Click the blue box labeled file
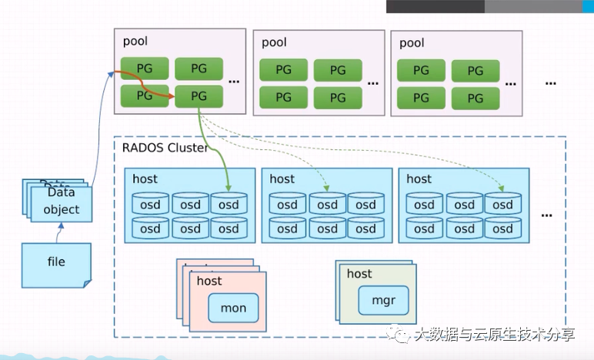(x=56, y=263)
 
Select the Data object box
(x=61, y=203)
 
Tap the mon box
(x=233, y=308)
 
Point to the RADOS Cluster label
(x=165, y=148)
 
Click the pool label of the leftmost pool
(x=135, y=41)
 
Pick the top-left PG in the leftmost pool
(x=144, y=68)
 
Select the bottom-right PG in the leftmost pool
(x=199, y=96)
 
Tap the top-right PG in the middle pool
(x=338, y=70)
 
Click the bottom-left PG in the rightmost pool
(x=421, y=98)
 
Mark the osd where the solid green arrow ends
(x=229, y=205)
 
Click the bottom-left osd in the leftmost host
(x=150, y=228)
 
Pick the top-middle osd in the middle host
(x=327, y=205)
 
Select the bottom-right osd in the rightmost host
(x=502, y=228)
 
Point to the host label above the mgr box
(x=359, y=274)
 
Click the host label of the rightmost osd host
(x=419, y=178)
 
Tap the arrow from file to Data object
(x=59, y=232)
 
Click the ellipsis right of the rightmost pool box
(x=550, y=81)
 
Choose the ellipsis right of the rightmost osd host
(x=546, y=214)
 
